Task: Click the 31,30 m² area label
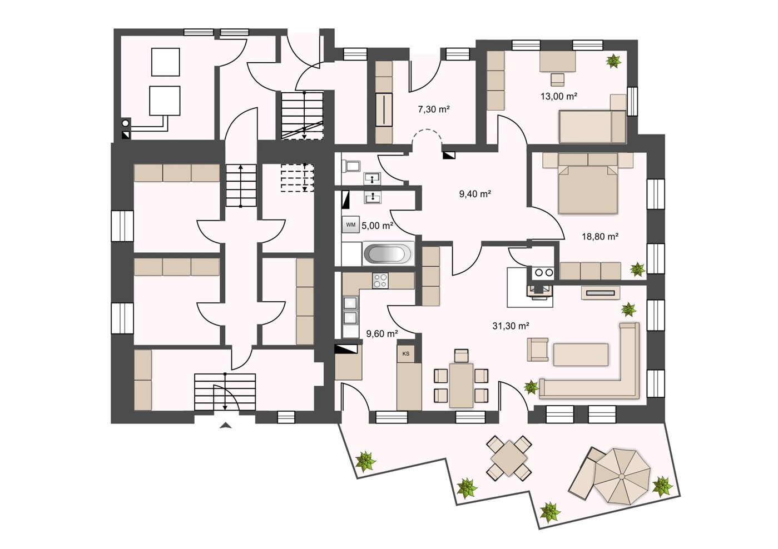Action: click(511, 326)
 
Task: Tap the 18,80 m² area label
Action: click(600, 237)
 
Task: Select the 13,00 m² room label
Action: click(558, 96)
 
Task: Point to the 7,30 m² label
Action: click(433, 109)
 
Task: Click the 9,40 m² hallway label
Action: click(475, 194)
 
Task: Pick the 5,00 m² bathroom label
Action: click(377, 226)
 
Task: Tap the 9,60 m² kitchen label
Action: click(382, 333)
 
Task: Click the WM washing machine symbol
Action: click(351, 225)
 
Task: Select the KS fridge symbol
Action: click(405, 353)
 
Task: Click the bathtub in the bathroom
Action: click(388, 254)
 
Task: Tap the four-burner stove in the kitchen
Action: click(380, 281)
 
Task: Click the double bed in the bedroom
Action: click(588, 188)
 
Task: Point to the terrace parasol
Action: click(622, 476)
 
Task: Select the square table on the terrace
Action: click(509, 458)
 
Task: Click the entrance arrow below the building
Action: click(226, 426)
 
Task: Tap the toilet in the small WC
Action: click(351, 166)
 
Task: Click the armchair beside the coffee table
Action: click(538, 350)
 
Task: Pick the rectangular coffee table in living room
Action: click(581, 355)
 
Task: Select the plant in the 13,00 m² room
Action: click(614, 61)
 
